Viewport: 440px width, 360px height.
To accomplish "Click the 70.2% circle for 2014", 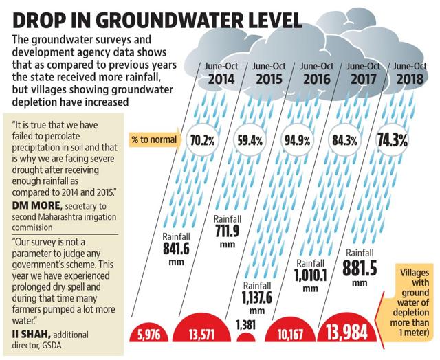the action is [x=202, y=140].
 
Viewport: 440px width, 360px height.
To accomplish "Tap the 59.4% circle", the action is [x=250, y=140].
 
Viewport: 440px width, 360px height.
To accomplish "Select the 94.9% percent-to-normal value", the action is [x=297, y=140].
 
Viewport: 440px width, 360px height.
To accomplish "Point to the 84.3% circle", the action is [x=344, y=140].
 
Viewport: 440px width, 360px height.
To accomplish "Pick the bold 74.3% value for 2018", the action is [x=392, y=140].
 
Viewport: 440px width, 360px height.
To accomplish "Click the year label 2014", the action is [x=221, y=79].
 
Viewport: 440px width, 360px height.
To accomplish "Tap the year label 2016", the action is [x=316, y=79].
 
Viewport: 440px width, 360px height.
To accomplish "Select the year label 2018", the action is [x=410, y=79].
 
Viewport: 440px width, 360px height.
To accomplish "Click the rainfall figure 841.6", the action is [x=176, y=249].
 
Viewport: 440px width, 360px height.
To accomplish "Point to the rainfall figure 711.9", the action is [x=228, y=231].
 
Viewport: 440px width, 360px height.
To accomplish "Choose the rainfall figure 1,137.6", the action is [x=257, y=297].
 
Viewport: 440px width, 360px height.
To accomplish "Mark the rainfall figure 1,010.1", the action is [x=310, y=275].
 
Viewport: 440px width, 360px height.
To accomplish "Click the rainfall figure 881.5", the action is [x=360, y=268].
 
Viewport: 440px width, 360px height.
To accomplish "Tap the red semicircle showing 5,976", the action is [x=148, y=333].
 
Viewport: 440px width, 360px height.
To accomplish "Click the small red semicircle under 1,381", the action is [x=246, y=337].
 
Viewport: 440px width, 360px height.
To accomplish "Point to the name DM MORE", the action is [x=37, y=205].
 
